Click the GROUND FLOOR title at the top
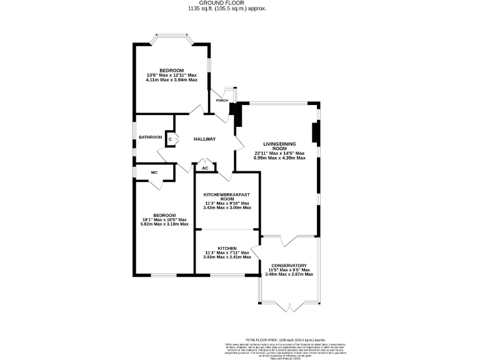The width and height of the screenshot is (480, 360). [239, 3]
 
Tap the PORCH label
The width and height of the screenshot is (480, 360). [222, 101]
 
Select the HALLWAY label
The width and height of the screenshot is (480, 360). [204, 139]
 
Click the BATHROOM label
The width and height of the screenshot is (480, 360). [151, 137]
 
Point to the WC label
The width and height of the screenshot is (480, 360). [154, 172]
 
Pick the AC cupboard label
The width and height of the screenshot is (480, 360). [205, 168]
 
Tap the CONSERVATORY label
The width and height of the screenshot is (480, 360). [289, 265]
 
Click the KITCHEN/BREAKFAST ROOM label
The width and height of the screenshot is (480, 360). [227, 197]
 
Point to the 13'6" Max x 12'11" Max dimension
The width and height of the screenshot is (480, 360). [171, 76]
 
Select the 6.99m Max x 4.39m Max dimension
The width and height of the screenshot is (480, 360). [279, 158]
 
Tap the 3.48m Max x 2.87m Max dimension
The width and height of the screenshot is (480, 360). [289, 274]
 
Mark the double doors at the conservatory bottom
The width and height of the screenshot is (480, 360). [289, 306]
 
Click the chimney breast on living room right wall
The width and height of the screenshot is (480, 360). [316, 134]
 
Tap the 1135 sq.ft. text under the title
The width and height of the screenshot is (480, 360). [239, 9]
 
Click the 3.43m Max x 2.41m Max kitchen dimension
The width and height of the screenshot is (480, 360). [227, 257]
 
